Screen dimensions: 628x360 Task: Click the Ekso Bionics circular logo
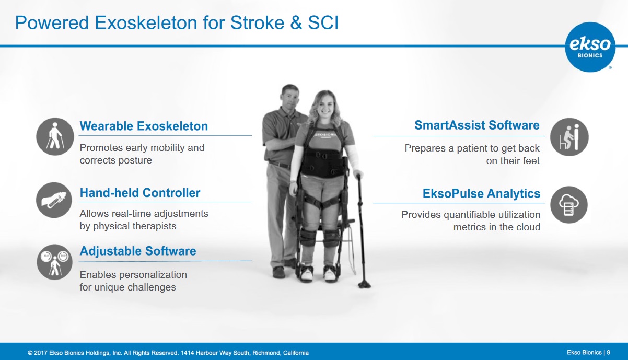point(590,47)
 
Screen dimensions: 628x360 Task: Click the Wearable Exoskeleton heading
point(144,126)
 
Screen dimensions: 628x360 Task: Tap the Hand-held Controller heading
point(140,193)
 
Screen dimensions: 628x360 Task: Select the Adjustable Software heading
point(138,251)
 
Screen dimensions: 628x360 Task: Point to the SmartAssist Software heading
point(477,125)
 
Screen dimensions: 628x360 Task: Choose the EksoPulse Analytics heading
point(481,193)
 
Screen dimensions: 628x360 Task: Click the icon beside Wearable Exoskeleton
point(55,137)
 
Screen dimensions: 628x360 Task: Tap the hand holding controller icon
point(54,200)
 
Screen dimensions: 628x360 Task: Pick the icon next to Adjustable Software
point(54,262)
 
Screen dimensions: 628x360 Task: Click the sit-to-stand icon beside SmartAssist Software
point(569,137)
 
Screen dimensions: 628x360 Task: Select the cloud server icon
point(568,205)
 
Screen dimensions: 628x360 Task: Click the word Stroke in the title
point(257,22)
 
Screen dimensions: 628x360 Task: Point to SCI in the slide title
point(323,22)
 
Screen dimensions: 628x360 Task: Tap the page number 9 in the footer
point(609,353)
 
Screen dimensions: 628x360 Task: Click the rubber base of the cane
point(364,285)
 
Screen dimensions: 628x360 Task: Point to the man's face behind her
point(290,99)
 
